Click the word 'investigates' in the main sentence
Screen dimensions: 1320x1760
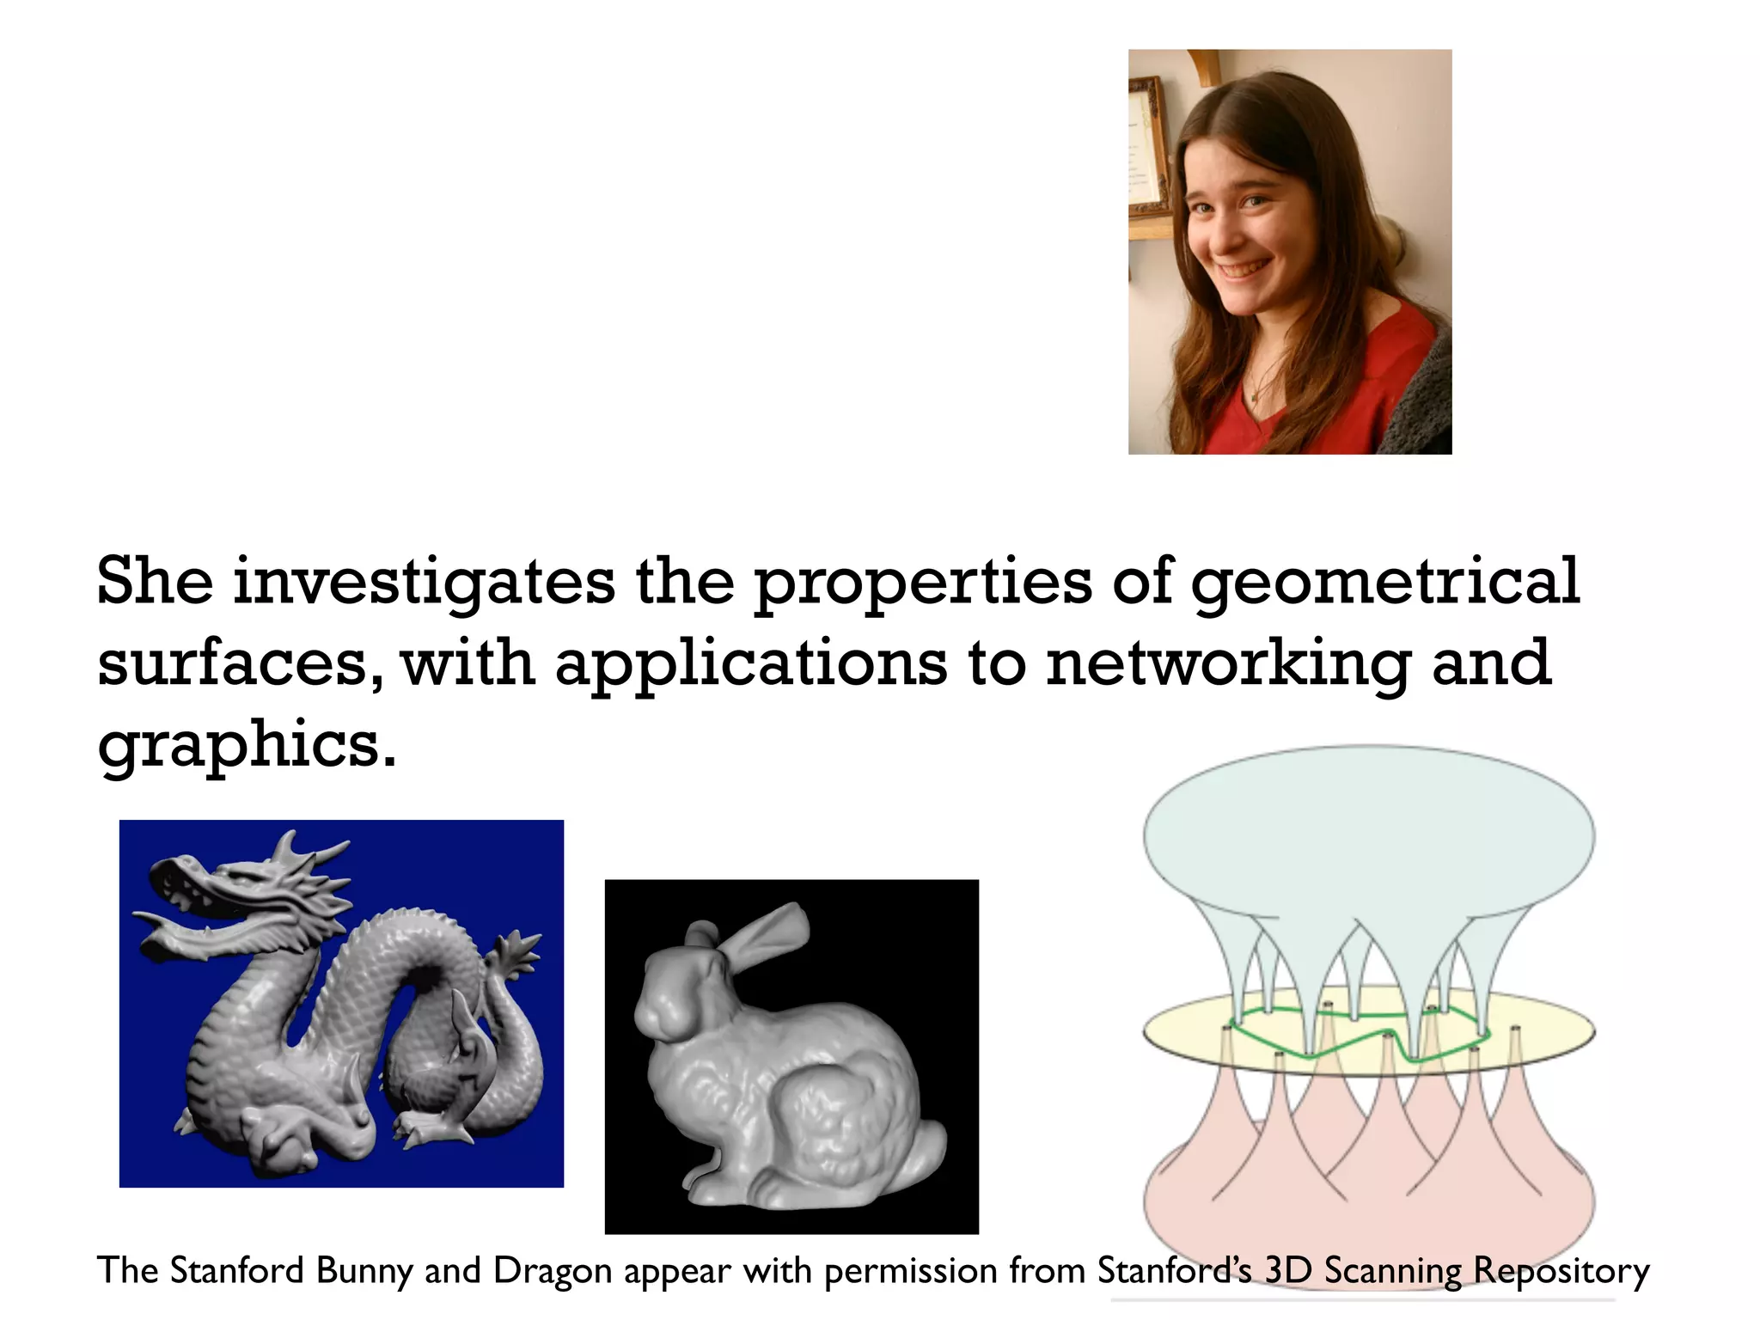point(424,582)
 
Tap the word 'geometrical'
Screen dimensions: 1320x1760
point(1384,582)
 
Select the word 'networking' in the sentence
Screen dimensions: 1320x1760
point(1228,663)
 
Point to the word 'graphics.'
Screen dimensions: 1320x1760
point(247,744)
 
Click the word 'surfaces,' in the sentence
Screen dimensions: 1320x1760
point(241,664)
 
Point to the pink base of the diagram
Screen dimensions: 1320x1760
point(1368,1203)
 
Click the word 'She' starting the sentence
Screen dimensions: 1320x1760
point(155,582)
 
